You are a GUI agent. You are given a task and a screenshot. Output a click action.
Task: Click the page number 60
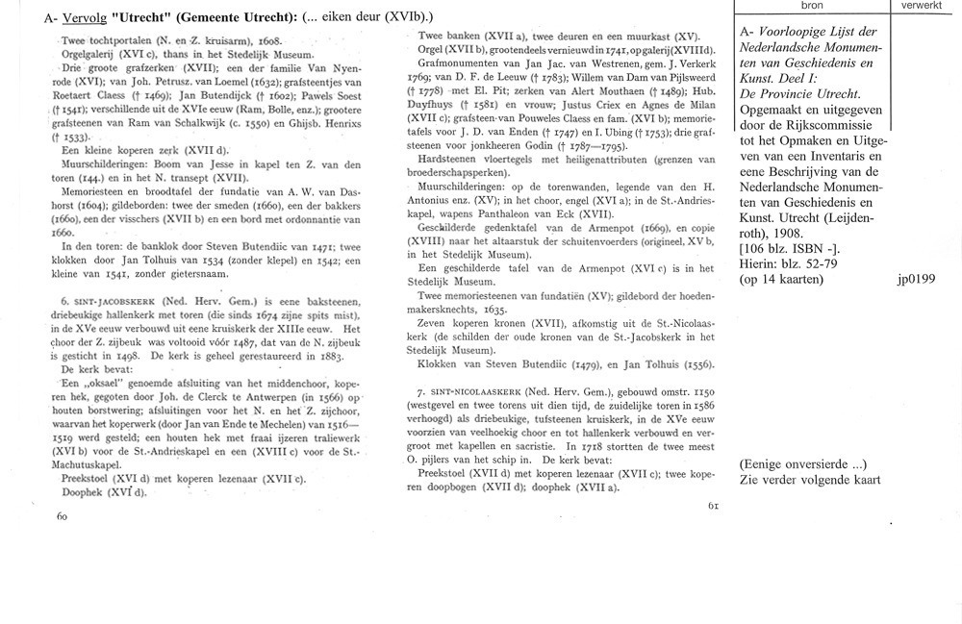(x=63, y=516)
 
